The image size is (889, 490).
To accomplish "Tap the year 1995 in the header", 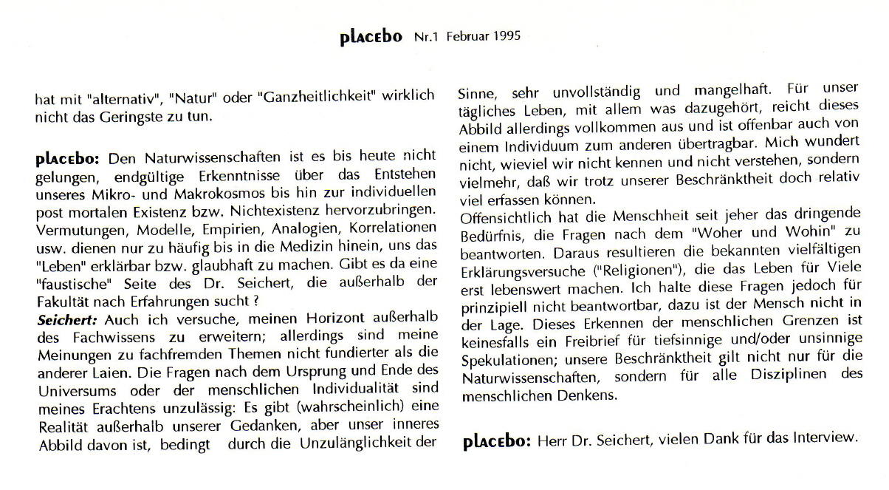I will (x=509, y=36).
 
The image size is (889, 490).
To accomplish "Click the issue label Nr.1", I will (x=427, y=36).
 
